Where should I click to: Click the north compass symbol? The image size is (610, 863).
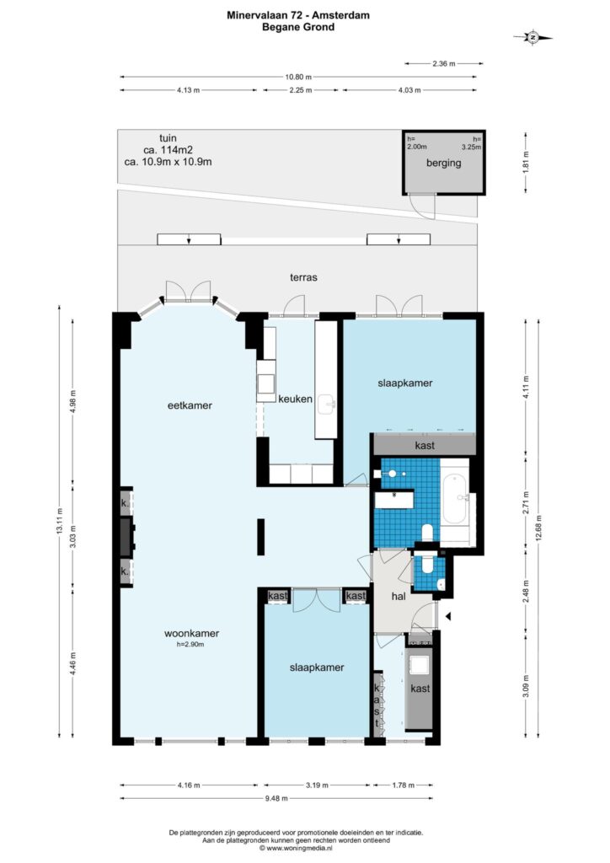click(532, 37)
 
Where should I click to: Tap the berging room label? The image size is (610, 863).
click(443, 163)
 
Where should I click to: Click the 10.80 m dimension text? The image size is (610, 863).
click(297, 77)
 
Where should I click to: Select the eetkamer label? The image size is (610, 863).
click(190, 405)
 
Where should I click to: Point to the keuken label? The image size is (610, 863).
click(296, 399)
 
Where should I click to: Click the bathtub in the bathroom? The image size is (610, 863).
click(454, 499)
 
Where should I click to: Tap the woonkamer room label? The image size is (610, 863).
click(191, 634)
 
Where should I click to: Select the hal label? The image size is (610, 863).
click(399, 596)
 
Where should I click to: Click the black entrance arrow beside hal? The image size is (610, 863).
click(447, 616)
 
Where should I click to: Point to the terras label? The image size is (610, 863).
click(303, 277)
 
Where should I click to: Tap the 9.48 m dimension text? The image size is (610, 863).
click(276, 799)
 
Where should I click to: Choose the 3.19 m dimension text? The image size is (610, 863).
click(317, 785)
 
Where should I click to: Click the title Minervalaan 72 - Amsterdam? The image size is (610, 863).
click(298, 15)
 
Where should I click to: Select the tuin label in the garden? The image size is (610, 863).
click(168, 138)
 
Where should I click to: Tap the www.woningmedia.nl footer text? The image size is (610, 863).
click(296, 849)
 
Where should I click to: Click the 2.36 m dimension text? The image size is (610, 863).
click(444, 64)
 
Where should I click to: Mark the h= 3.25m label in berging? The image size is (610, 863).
click(472, 143)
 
